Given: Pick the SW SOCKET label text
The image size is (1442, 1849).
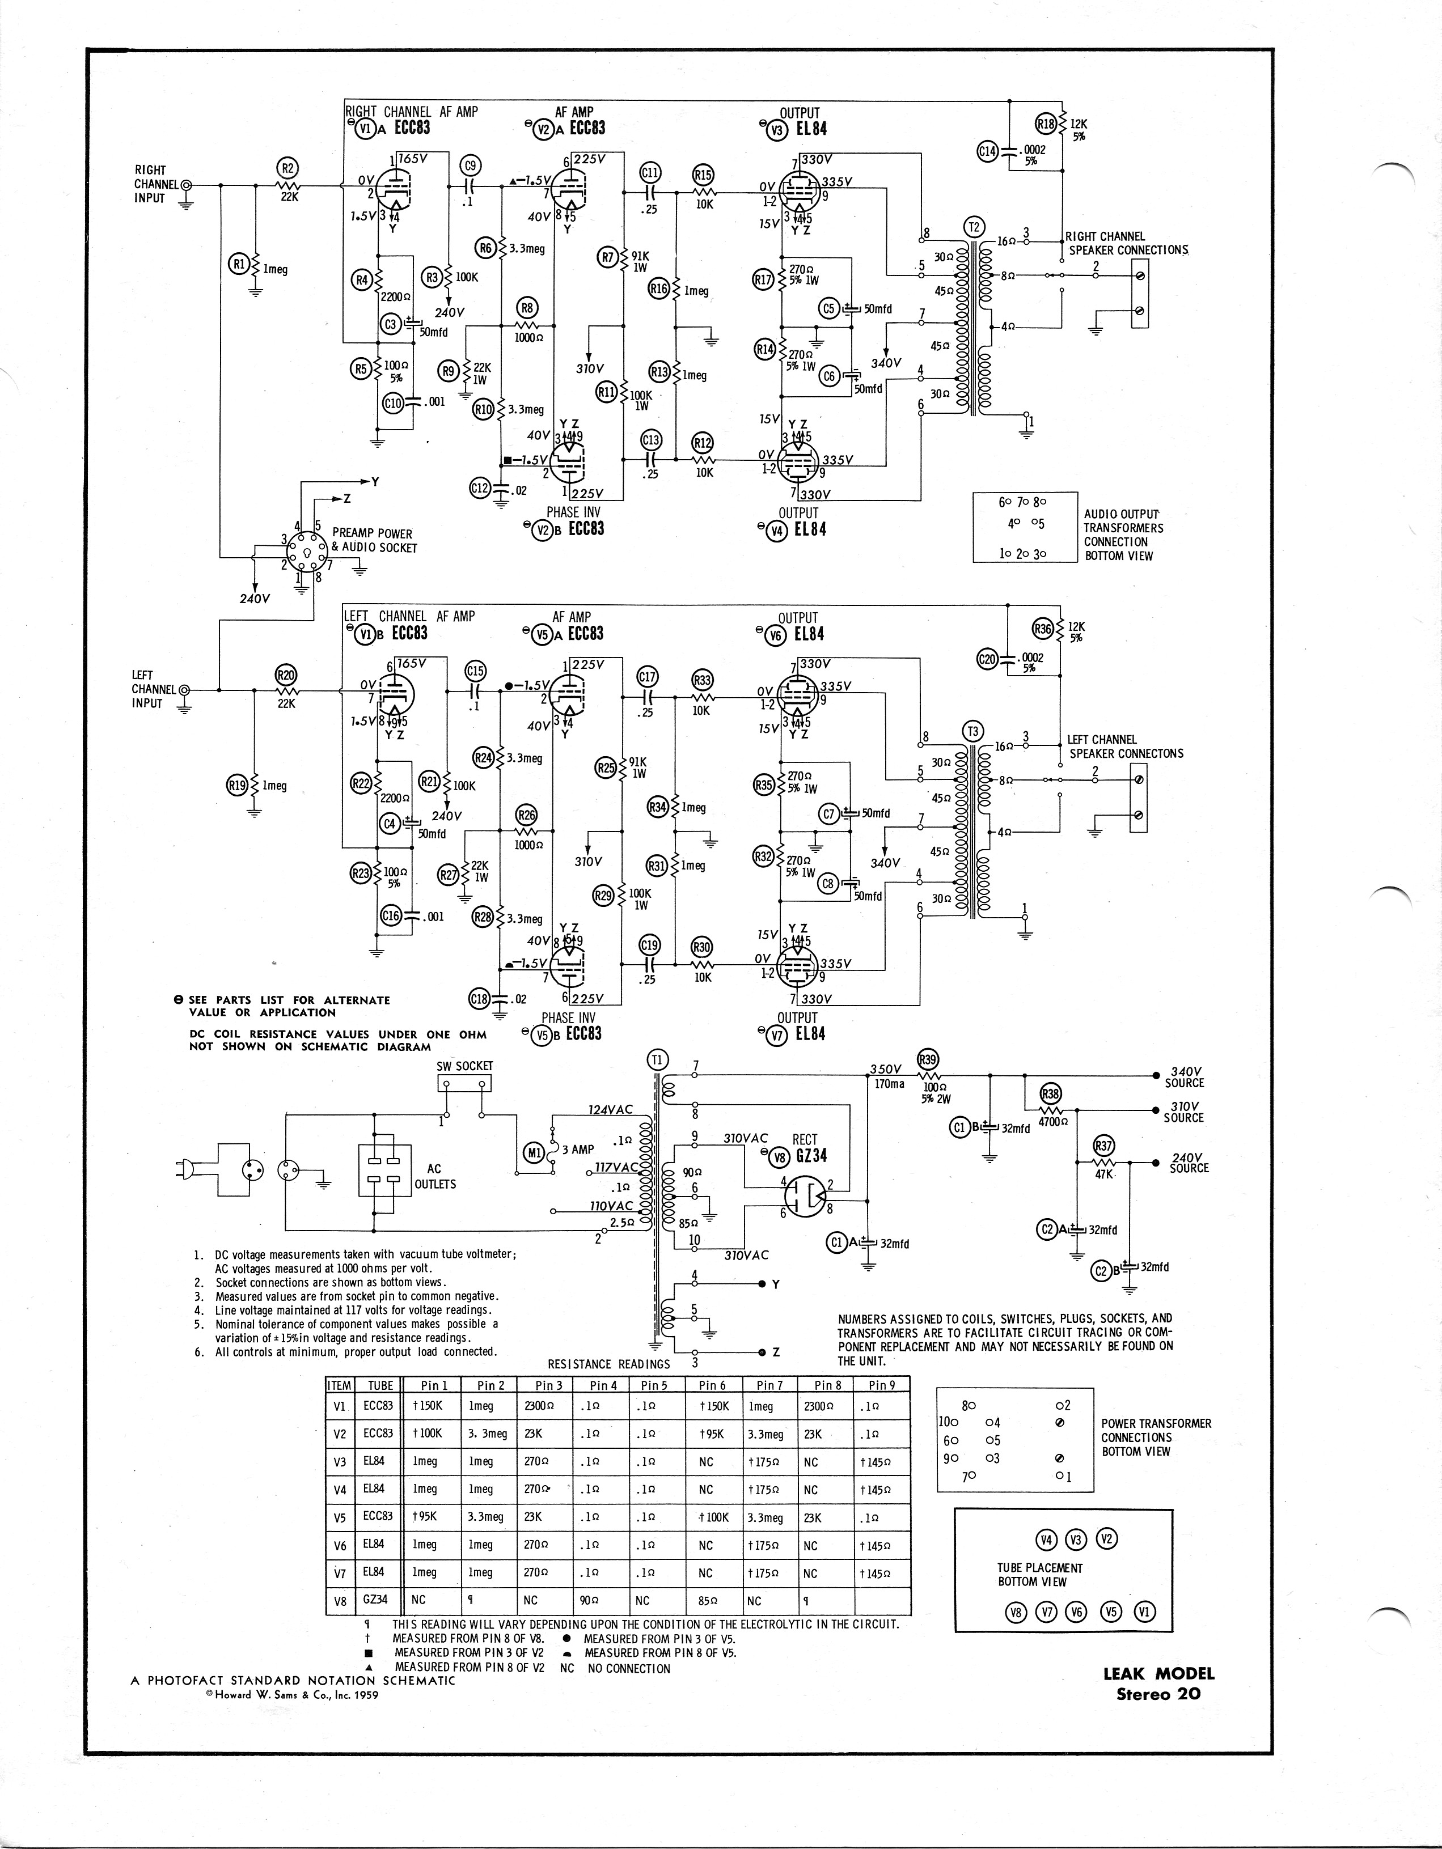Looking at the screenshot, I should pyautogui.click(x=464, y=1066).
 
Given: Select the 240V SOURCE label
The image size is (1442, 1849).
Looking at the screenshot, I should pyautogui.click(x=1189, y=1163).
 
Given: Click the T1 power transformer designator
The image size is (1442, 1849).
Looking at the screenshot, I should pyautogui.click(x=658, y=1059).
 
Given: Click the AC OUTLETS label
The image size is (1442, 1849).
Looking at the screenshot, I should pyautogui.click(x=435, y=1176).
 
